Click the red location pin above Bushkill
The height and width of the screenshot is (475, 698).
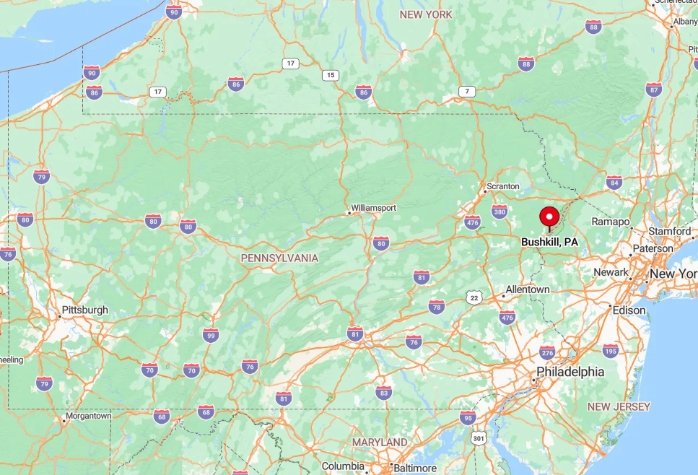point(549,217)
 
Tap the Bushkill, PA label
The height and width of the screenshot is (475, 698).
point(549,242)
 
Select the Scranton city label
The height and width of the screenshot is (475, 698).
point(503,186)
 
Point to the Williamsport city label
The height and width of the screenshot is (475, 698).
point(373,208)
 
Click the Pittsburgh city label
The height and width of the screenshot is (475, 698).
point(85,310)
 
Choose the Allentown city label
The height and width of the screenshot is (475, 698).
point(528,289)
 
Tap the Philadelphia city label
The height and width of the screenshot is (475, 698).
point(570,372)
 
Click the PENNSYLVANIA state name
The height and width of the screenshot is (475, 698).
point(279,258)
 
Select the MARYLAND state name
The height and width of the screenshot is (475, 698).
point(380,442)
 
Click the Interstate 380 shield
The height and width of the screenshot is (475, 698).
point(499,212)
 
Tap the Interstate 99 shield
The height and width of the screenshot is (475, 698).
point(211,335)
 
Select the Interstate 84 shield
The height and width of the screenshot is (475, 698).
point(614,182)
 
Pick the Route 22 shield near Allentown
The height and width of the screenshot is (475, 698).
point(474,297)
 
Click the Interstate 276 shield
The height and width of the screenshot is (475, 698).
point(547,353)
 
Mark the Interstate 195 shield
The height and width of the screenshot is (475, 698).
point(611,350)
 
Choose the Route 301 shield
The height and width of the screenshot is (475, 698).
point(478,438)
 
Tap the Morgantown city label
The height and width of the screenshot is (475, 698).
point(88,416)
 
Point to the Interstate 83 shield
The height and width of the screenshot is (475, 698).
point(384,392)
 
